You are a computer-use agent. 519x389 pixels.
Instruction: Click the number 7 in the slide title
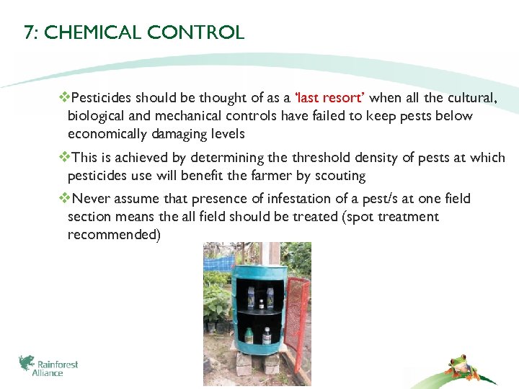[x=28, y=32]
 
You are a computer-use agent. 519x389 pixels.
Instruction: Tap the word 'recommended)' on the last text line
[x=113, y=235]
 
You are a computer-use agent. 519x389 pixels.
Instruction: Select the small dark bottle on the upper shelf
[x=260, y=303]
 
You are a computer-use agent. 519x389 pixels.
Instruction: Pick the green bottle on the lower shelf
[x=249, y=334]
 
